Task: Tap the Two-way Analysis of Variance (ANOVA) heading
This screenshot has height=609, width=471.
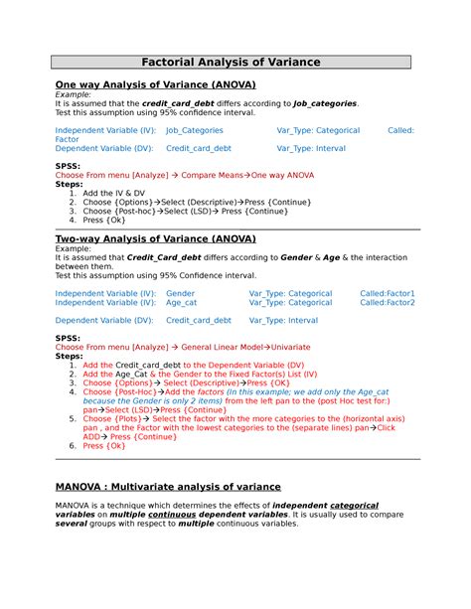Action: click(x=155, y=239)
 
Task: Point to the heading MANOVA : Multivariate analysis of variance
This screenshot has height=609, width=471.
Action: click(x=168, y=487)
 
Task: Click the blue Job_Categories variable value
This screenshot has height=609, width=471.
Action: click(x=194, y=130)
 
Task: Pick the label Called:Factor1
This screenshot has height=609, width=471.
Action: click(x=388, y=294)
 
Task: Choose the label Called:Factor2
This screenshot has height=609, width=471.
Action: click(x=388, y=303)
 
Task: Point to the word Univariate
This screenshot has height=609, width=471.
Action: click(x=287, y=347)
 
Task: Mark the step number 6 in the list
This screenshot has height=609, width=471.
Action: click(x=73, y=446)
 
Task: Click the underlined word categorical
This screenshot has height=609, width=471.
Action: click(x=354, y=506)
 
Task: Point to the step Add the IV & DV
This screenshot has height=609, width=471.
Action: click(x=114, y=193)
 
